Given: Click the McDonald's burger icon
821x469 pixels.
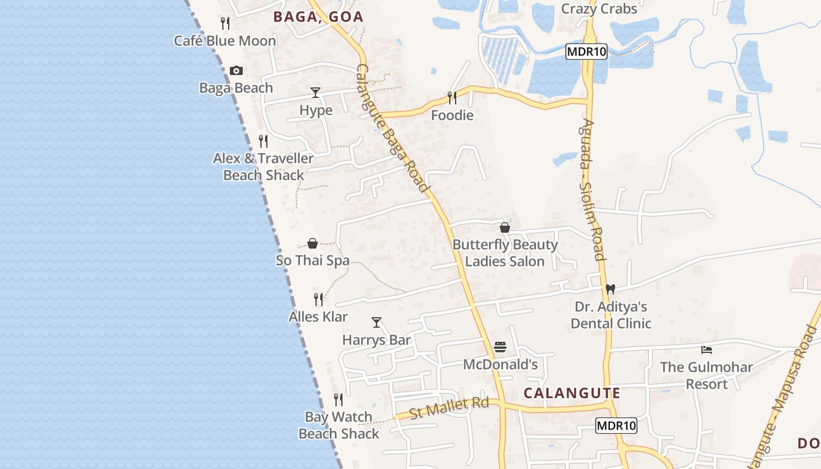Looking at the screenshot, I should [x=500, y=347].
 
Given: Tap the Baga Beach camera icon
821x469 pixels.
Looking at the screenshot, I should [x=236, y=71].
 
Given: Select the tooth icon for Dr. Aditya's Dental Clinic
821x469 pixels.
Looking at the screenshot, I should [x=610, y=289].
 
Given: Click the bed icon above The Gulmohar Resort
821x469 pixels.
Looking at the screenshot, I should [x=707, y=350].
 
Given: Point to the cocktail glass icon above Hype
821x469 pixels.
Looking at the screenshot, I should [x=315, y=93].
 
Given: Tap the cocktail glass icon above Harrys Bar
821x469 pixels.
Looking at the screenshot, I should [x=376, y=322].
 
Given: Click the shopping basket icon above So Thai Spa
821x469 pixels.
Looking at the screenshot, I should [x=313, y=243].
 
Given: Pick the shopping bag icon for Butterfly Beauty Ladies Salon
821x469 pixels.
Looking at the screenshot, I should [x=505, y=227].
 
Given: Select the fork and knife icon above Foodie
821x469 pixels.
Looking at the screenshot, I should [x=452, y=97].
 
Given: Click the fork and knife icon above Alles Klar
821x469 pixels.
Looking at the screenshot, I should [x=318, y=300].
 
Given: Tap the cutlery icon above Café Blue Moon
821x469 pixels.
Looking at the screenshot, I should [x=225, y=23].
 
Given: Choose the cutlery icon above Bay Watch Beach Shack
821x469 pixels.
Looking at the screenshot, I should [x=338, y=400].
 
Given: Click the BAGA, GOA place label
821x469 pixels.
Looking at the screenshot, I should [x=318, y=17].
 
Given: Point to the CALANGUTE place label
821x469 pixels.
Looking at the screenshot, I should [x=572, y=393].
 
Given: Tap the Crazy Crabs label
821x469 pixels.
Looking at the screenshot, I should [x=599, y=9].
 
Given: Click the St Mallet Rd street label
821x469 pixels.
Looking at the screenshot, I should [x=449, y=407].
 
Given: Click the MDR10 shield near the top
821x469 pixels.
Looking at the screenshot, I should [x=586, y=52].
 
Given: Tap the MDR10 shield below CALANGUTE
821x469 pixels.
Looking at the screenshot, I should [x=616, y=426].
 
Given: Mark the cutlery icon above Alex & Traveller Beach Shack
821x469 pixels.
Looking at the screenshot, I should [x=263, y=141].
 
